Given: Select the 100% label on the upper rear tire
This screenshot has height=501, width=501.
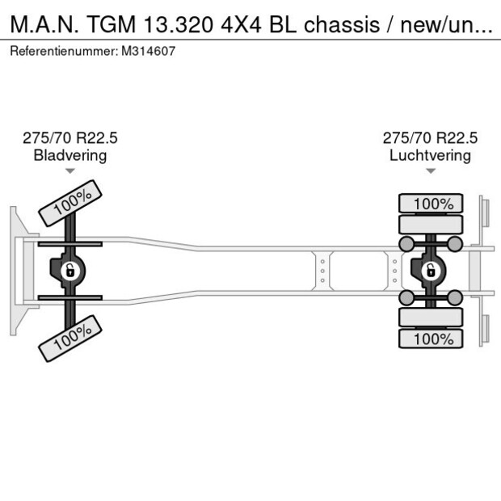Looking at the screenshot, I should (433, 204).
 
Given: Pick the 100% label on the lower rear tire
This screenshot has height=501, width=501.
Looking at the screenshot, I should (433, 338).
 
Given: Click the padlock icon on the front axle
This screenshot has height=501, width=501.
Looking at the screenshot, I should (70, 270).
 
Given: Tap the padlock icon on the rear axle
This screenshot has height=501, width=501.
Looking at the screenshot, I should (432, 270).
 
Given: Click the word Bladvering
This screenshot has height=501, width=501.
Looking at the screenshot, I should (69, 155).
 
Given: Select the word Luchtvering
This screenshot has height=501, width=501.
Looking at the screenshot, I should (430, 155).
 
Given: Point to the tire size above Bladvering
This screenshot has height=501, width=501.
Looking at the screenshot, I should (69, 138).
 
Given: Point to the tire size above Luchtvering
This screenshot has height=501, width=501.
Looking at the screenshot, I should (430, 138).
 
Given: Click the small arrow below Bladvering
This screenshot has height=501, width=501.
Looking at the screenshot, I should (70, 171).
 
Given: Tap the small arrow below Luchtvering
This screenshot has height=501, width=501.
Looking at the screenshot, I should (431, 171).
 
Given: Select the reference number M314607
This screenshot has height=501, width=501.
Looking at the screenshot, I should (149, 51).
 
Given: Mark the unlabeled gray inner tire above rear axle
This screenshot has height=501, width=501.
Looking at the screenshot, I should (432, 225).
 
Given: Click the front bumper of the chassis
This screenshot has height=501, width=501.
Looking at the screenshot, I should (16, 270).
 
